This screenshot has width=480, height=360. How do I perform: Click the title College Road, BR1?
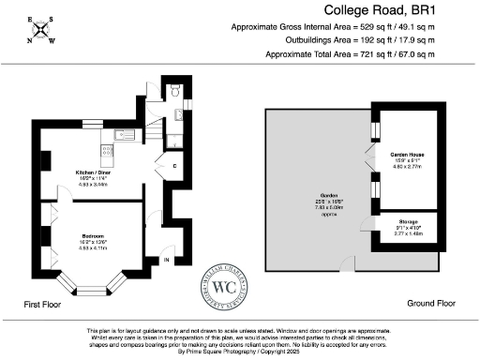coord(403,10)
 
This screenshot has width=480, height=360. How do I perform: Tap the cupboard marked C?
coord(174,167)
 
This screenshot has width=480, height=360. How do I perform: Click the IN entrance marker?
coord(167,260)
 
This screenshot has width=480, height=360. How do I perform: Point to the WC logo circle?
coord(225,287)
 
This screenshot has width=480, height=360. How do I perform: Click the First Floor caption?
coord(47,305)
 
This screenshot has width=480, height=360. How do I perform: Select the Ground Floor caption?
coord(432,304)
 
